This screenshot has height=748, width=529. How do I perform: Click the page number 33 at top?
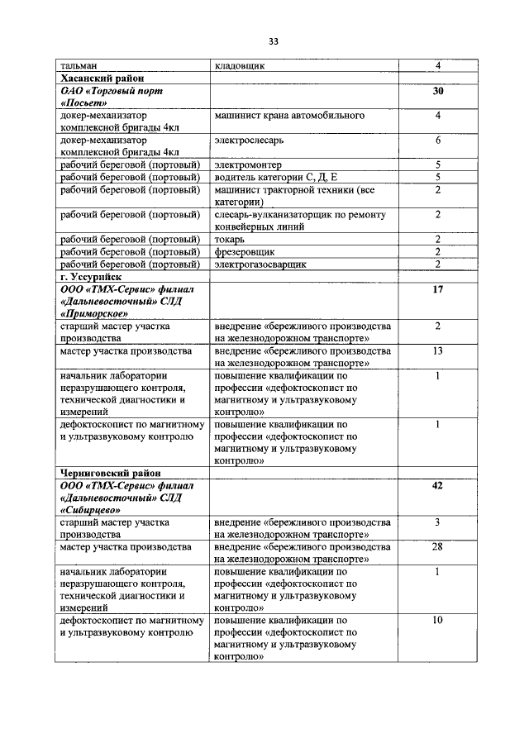click(x=273, y=42)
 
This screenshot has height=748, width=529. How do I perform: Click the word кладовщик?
click(x=240, y=65)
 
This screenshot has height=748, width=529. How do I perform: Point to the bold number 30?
click(x=438, y=92)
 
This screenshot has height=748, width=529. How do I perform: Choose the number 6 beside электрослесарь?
click(x=438, y=141)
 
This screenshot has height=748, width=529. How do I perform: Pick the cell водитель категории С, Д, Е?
click(x=276, y=177)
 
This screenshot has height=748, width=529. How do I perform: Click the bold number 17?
click(x=438, y=290)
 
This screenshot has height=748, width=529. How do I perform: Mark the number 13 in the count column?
click(x=438, y=351)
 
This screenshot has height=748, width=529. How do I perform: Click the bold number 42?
click(x=438, y=486)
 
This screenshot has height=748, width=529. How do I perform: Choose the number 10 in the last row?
click(x=438, y=619)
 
